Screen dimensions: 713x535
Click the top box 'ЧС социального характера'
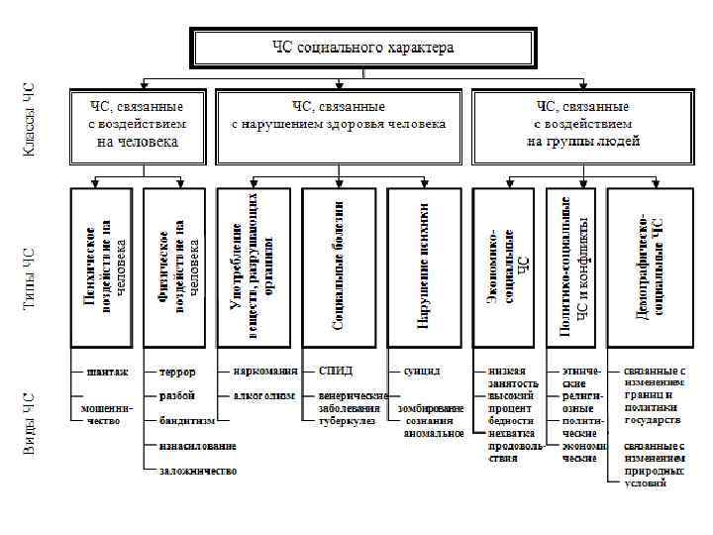point(363,48)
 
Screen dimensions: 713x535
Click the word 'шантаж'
point(108,372)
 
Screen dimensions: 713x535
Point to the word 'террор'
point(177,373)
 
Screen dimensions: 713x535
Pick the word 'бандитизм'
point(188,421)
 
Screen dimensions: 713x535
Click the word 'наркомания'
point(265,372)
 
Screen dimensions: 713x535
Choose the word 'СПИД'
point(335,372)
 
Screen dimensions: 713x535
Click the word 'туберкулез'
point(345,421)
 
